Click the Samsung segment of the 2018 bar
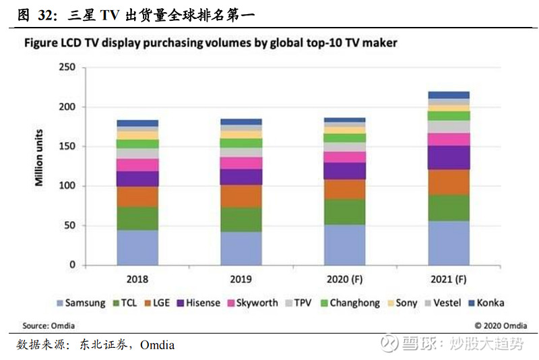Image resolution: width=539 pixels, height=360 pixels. pyautogui.click(x=137, y=247)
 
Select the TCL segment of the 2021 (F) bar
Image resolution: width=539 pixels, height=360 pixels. pyautogui.click(x=449, y=208)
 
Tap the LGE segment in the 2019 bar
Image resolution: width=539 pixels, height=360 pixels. pyautogui.click(x=241, y=196)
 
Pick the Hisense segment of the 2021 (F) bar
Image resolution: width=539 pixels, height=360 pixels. pyautogui.click(x=449, y=157)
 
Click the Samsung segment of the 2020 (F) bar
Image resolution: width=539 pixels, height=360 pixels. pyautogui.click(x=345, y=245)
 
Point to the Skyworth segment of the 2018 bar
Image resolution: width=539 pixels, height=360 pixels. pyautogui.click(x=137, y=164)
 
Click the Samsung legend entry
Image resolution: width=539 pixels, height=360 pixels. pyautogui.click(x=81, y=303)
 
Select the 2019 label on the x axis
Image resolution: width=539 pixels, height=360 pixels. pyautogui.click(x=241, y=278)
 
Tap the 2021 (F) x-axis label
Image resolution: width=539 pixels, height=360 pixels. pyautogui.click(x=449, y=278)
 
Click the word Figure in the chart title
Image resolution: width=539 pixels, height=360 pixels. pyautogui.click(x=43, y=43)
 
